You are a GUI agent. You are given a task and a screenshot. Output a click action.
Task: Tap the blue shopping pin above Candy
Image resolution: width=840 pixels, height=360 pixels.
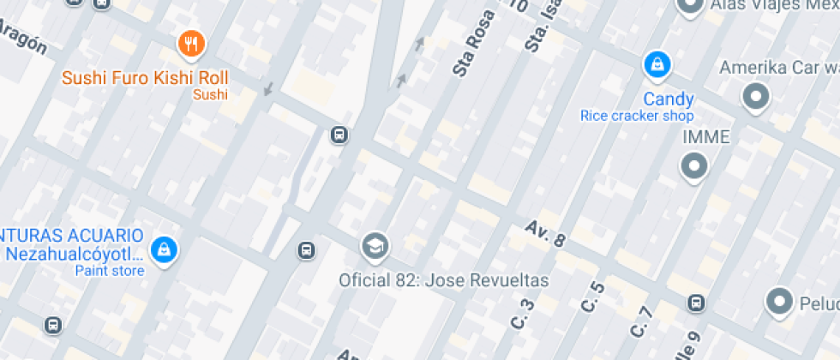coord(657,63)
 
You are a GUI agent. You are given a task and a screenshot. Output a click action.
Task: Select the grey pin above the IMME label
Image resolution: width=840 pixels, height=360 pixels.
coord(693,166)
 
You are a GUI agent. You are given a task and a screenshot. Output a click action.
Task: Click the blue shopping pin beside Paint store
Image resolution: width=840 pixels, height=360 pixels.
coord(162,249)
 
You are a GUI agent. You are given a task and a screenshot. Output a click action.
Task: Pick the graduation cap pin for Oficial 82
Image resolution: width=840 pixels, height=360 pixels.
coord(375,247)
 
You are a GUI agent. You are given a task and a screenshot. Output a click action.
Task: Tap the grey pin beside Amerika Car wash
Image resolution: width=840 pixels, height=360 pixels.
coord(756,98)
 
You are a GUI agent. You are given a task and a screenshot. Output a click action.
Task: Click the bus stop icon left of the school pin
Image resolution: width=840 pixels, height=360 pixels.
coord(305,250)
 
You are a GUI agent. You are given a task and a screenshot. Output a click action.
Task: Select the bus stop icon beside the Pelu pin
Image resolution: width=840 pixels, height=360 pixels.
coord(696,303)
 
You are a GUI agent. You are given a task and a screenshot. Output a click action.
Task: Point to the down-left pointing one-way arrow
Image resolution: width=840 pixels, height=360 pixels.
coord(268,88)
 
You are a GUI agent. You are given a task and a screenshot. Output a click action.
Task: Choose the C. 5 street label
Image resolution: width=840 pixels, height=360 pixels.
coord(593,297)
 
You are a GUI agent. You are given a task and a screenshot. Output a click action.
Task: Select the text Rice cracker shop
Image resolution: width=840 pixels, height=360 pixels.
coord(636,116)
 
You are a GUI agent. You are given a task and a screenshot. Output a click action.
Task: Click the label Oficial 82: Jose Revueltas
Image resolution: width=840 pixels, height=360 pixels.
coord(443,280)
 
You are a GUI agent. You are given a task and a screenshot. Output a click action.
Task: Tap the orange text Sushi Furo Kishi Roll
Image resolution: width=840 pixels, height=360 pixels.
coord(145,77)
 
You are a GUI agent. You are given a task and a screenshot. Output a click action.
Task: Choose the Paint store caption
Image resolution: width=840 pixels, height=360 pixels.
coord(110,271)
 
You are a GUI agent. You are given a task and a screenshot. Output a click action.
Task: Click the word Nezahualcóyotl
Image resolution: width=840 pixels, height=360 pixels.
coord(73,254)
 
